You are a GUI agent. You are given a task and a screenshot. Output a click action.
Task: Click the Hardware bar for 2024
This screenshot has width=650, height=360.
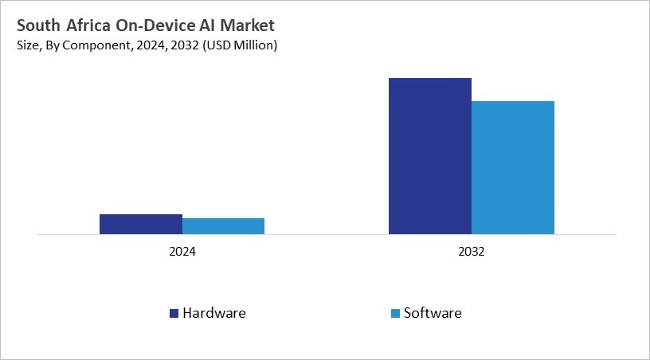(141, 224)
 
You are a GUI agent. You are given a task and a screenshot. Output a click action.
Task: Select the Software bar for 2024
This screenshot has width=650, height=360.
(223, 226)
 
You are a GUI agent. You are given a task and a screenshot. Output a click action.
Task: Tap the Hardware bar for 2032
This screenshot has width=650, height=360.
(430, 156)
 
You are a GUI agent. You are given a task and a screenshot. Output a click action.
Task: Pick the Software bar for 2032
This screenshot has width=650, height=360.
(513, 167)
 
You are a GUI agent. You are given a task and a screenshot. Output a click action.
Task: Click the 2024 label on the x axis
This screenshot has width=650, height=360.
(182, 251)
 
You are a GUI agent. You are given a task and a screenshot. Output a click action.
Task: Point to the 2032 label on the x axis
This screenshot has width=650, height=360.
(472, 251)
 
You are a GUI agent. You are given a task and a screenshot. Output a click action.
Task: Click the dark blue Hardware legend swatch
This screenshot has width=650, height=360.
(174, 313)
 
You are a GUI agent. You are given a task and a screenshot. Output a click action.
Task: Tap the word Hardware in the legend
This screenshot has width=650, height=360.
(214, 313)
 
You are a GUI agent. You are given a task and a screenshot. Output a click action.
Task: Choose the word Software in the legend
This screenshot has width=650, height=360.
(433, 313)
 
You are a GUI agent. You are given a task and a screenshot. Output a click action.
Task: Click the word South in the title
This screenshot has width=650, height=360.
(37, 26)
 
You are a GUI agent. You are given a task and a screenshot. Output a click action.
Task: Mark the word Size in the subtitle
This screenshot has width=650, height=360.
(26, 46)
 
